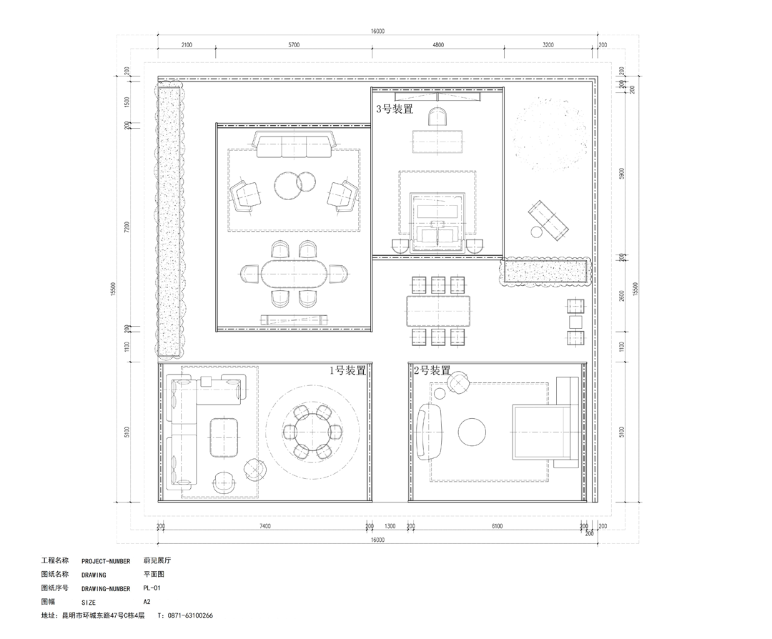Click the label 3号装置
[x=395, y=109]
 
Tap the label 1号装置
[x=347, y=370]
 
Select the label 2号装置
[x=432, y=370]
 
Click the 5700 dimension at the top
[x=294, y=45]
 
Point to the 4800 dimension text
[x=437, y=45]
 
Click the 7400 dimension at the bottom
[x=265, y=526]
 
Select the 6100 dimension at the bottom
[x=498, y=526]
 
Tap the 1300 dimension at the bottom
[x=390, y=526]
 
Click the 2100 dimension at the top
[x=187, y=45]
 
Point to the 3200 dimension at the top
[x=548, y=45]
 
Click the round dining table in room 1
[x=312, y=432]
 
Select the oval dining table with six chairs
[x=294, y=273]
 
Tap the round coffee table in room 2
[x=472, y=432]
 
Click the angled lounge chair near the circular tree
[x=548, y=220]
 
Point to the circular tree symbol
[x=550, y=134]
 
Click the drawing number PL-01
[x=152, y=588]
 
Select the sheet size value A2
[x=147, y=602]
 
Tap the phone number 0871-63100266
[x=191, y=615]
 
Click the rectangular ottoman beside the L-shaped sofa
[x=224, y=437]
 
